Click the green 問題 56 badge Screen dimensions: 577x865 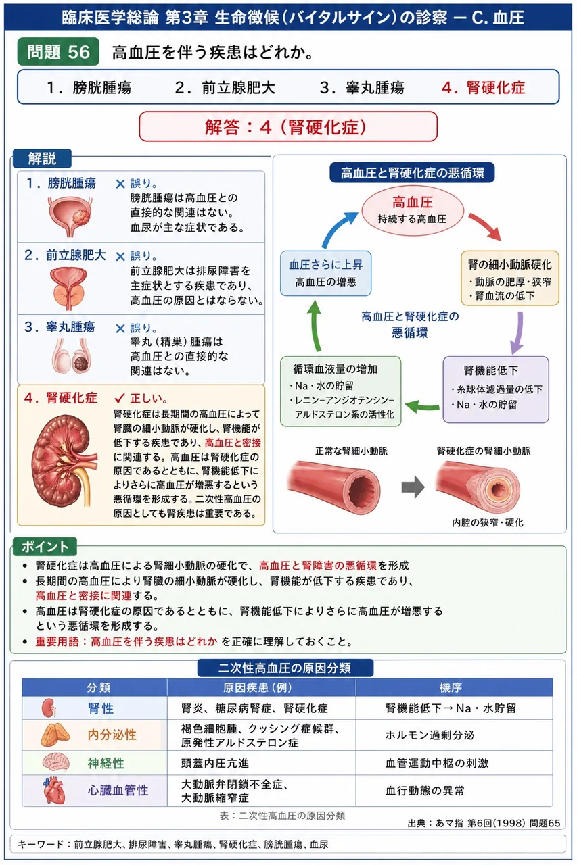58,51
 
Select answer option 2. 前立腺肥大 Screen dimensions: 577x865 225,88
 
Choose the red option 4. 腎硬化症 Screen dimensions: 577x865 483,88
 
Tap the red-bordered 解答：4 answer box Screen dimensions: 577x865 288,126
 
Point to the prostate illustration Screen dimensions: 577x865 68,289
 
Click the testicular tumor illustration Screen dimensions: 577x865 72,355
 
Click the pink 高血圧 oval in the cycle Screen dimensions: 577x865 413,209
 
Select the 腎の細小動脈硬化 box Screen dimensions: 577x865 510,278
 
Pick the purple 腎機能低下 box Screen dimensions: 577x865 496,389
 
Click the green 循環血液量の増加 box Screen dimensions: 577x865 340,391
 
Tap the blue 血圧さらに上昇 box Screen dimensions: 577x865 326,273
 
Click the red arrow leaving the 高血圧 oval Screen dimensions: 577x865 485,226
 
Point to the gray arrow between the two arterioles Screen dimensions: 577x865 413,487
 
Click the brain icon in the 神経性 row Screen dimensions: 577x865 55,763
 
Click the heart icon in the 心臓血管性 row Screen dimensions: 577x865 54,790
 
